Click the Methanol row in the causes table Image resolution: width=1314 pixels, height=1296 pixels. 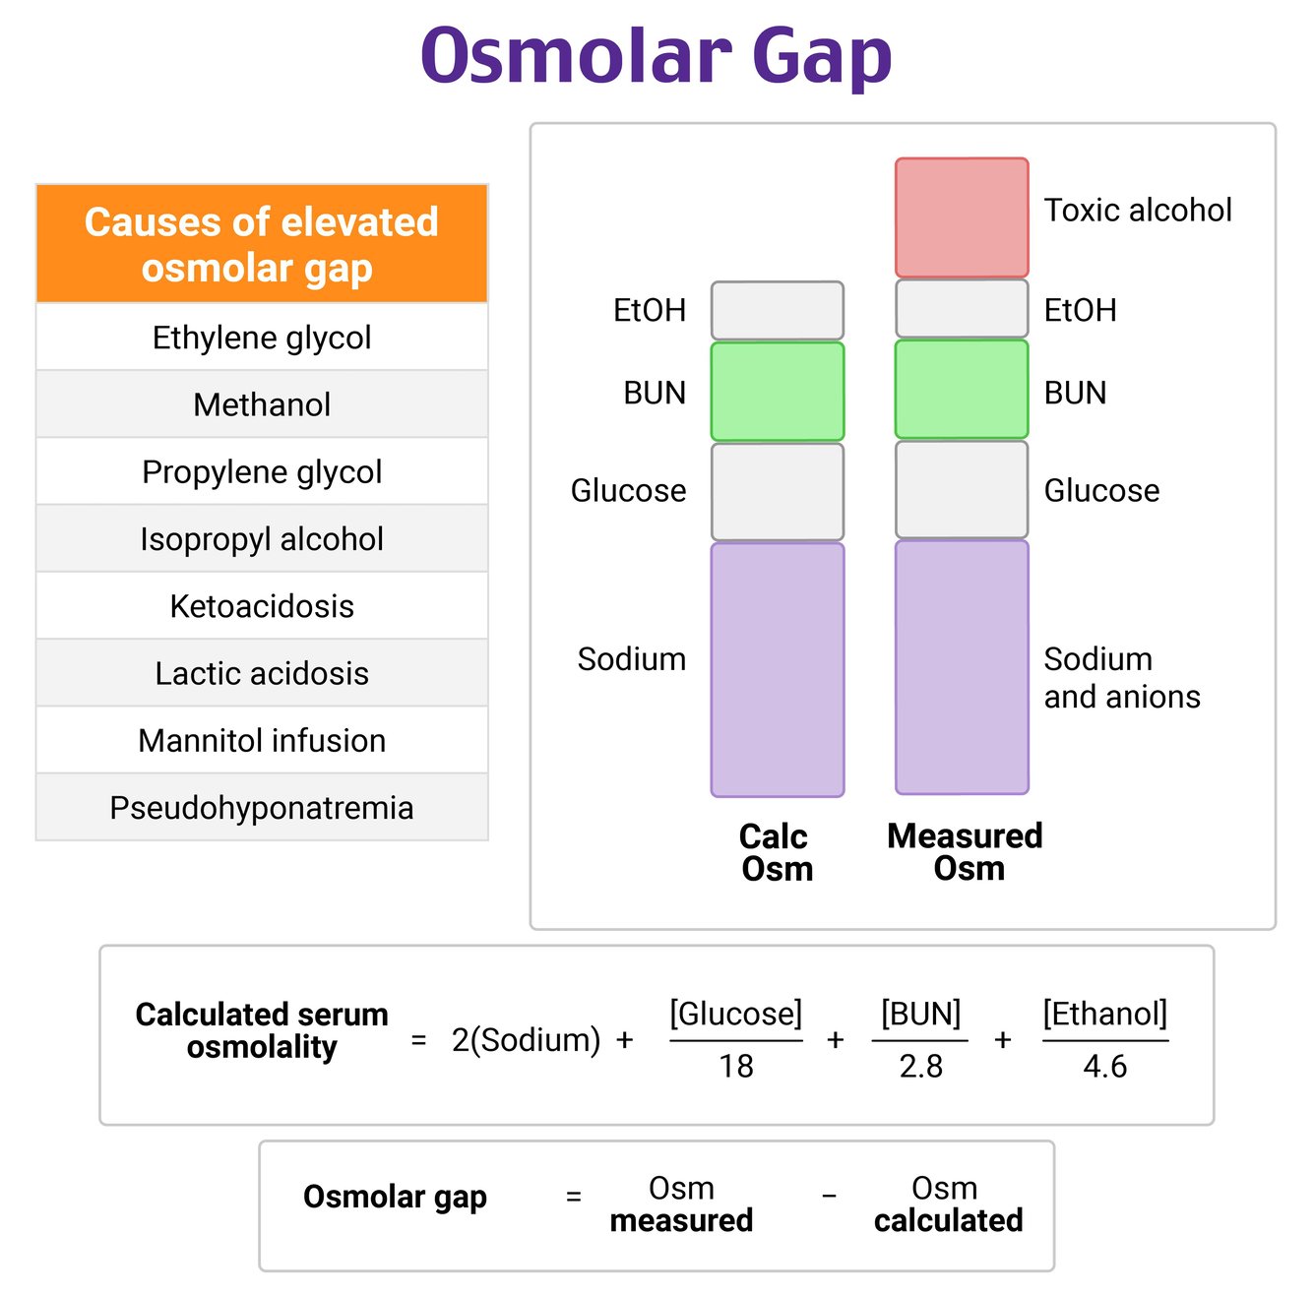(x=262, y=404)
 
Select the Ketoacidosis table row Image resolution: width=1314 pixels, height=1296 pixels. (x=262, y=606)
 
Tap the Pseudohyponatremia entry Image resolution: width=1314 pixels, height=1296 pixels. (x=262, y=808)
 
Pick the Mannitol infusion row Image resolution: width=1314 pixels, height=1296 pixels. (x=262, y=741)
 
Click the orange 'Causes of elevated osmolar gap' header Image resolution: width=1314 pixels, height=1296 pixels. (x=262, y=244)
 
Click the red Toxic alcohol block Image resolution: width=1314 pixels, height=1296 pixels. (x=962, y=217)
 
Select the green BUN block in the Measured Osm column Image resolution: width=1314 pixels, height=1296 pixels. (x=962, y=390)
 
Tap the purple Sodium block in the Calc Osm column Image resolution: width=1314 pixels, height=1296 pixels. (x=778, y=669)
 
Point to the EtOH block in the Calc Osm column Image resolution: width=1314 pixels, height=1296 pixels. (x=778, y=311)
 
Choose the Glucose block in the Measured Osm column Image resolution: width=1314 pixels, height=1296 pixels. (x=962, y=490)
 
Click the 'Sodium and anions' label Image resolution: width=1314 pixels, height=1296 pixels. (x=1121, y=678)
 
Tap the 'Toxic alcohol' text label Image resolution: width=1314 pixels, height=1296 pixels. (x=1137, y=210)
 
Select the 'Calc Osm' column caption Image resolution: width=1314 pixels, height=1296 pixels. (x=776, y=852)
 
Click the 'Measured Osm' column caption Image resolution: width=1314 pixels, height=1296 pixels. (x=966, y=851)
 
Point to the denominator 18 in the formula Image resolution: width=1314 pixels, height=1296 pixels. (x=736, y=1066)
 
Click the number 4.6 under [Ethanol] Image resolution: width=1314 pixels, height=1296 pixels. (x=1104, y=1066)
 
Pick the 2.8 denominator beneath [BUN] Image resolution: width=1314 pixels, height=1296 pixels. (x=920, y=1066)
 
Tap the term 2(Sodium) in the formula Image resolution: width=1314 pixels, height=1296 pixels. (x=526, y=1040)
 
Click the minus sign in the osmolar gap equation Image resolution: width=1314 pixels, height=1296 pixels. (x=830, y=1197)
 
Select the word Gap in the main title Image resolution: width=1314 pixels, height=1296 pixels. (x=822, y=56)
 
